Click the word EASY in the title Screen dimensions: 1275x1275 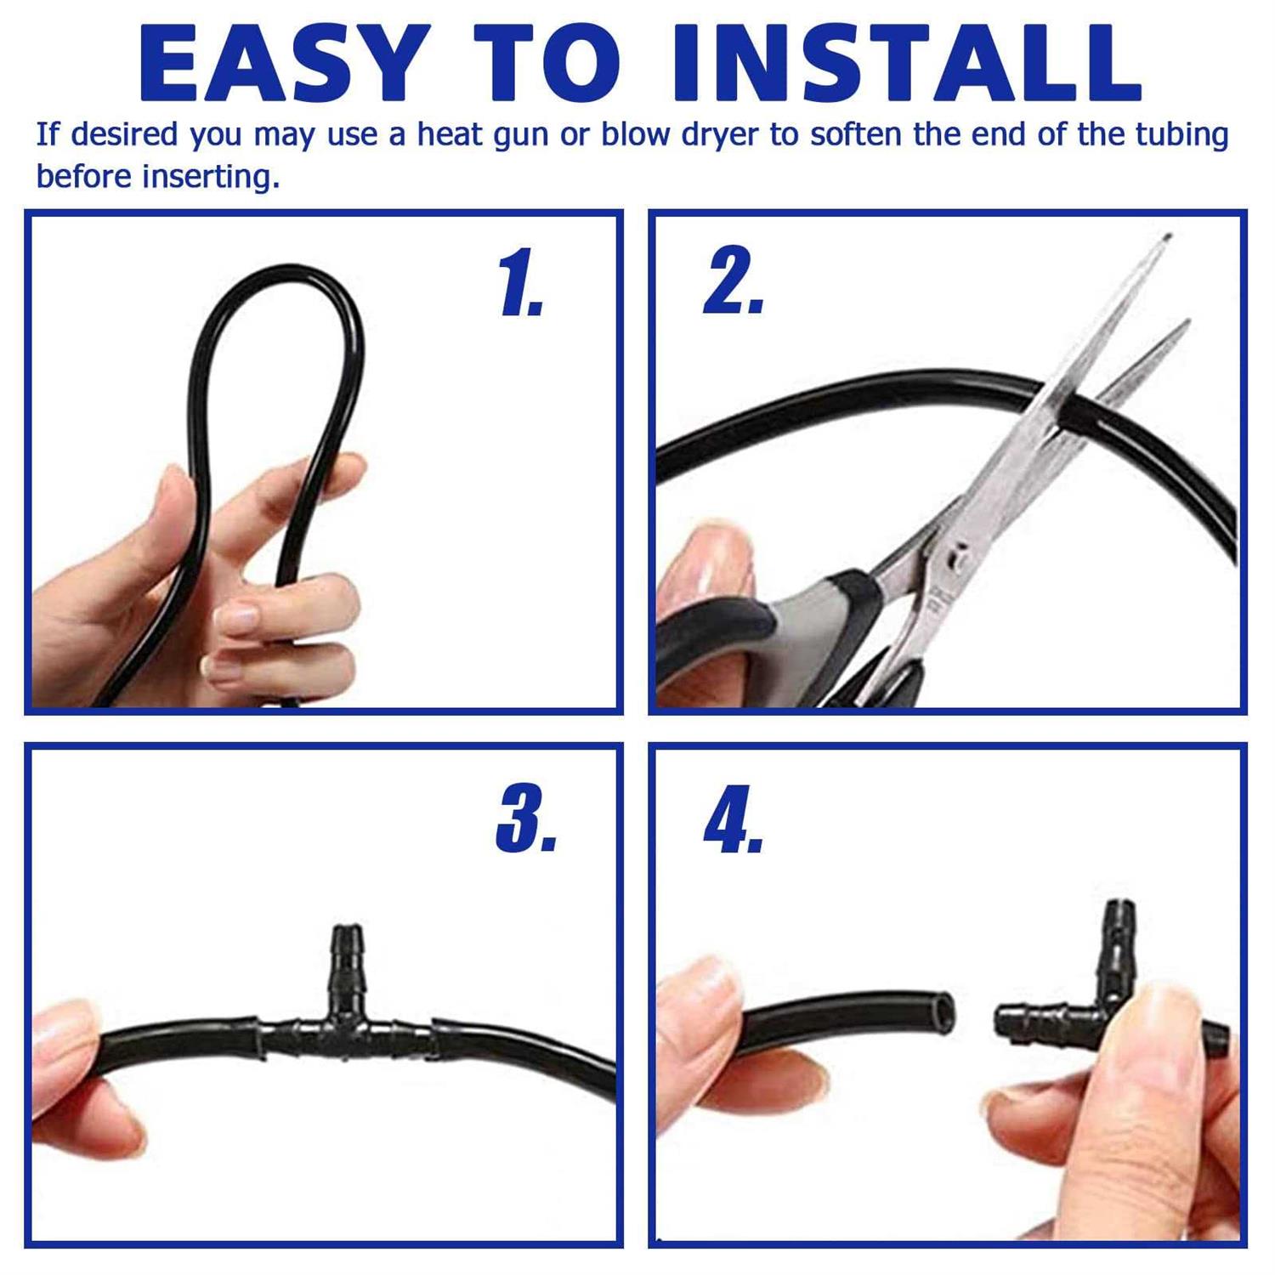point(280,65)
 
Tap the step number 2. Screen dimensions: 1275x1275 point(734,282)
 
